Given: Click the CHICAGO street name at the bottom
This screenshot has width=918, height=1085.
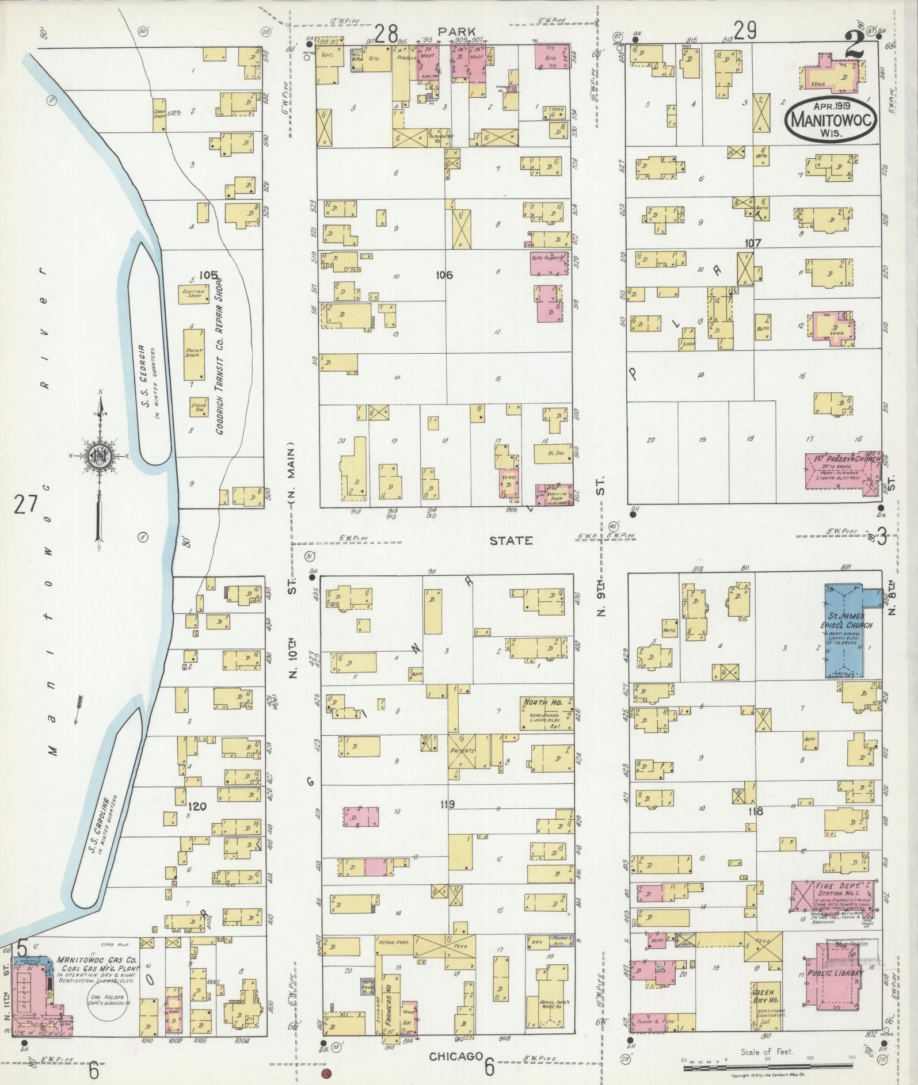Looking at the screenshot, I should (454, 1056).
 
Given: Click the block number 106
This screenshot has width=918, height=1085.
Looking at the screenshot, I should (444, 276).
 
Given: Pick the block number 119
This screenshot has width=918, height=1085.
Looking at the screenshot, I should (447, 804).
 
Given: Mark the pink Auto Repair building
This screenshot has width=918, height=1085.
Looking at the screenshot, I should (549, 263).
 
